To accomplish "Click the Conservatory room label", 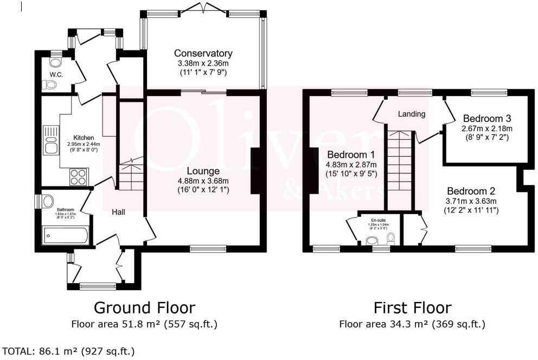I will (203, 53).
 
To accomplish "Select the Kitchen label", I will (84, 138).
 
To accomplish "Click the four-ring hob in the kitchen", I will (79, 177).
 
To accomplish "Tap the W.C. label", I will (56, 74).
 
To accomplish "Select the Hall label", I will (118, 212).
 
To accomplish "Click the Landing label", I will (412, 114).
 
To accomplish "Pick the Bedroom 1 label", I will (351, 153).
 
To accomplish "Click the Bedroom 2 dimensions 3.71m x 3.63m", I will (471, 201).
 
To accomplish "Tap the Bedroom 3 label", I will (486, 118).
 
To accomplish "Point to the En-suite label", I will (379, 220).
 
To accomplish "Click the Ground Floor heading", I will (144, 308).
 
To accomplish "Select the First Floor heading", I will (412, 308).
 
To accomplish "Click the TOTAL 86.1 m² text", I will (68, 351).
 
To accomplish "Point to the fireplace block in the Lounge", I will (254, 170).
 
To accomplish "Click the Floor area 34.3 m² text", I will (412, 325).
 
